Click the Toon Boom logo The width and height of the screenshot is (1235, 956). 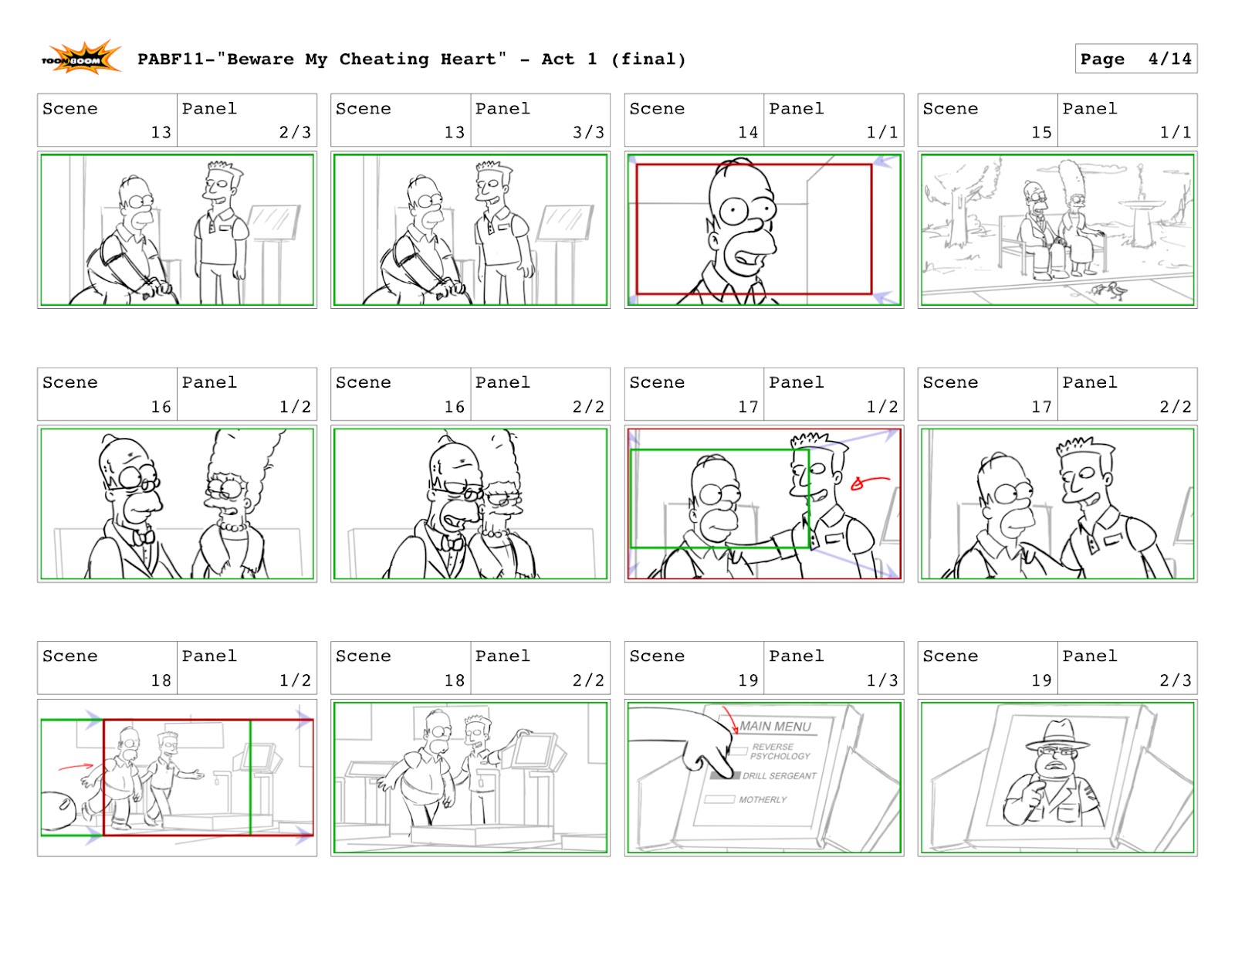click(x=80, y=59)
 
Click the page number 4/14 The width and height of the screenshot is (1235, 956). click(x=1169, y=59)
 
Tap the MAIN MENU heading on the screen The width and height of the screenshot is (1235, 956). click(x=775, y=726)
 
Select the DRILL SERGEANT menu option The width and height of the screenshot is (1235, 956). click(x=778, y=775)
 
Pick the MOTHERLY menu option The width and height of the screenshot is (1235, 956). click(x=762, y=799)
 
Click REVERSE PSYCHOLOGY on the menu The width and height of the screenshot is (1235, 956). click(x=780, y=751)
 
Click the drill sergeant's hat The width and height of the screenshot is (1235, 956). click(x=1058, y=734)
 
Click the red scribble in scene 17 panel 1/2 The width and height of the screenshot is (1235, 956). click(x=865, y=483)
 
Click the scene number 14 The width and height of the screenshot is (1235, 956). click(x=747, y=132)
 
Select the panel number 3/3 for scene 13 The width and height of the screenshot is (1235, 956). click(x=588, y=132)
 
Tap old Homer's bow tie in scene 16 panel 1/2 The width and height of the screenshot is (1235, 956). click(x=143, y=537)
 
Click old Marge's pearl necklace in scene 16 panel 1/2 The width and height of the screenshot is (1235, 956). click(x=230, y=527)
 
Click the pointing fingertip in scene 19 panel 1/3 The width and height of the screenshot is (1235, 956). click(x=726, y=772)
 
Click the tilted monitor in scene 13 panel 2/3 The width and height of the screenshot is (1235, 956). click(x=272, y=222)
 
